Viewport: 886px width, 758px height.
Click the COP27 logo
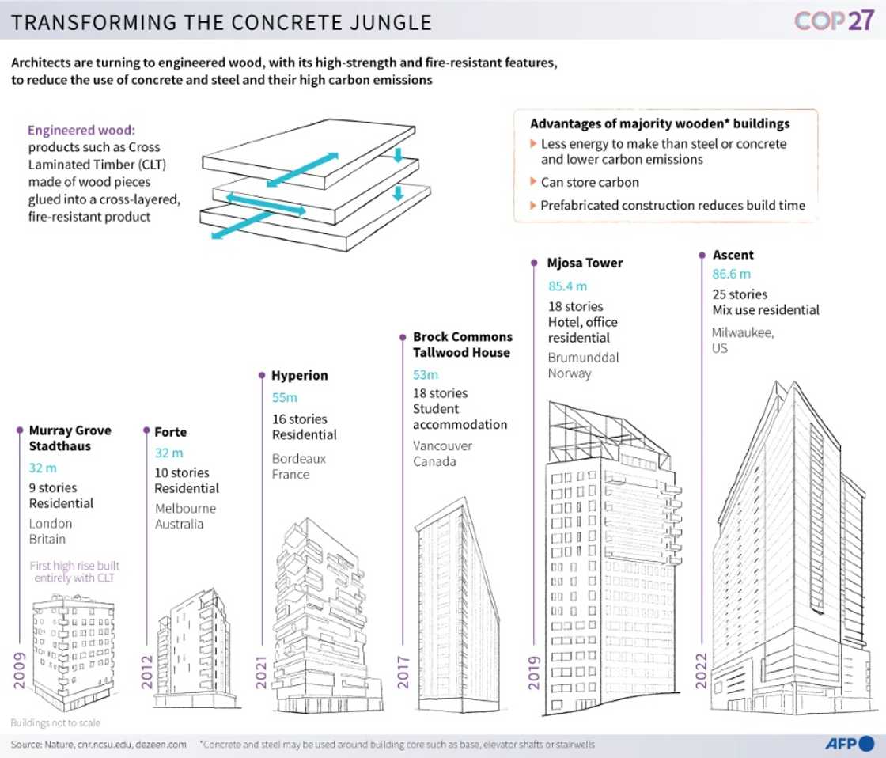833,21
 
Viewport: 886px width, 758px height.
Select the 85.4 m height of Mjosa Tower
567,286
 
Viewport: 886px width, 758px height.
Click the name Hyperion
299,375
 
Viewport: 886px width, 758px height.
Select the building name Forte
171,432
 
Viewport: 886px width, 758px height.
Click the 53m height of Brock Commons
425,373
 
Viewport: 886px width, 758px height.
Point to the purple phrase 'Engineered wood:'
75,131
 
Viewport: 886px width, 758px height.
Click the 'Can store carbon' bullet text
589,182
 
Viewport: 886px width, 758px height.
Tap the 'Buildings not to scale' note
55,722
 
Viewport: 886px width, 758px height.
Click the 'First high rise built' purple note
74,566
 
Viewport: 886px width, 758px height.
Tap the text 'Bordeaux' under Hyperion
299,458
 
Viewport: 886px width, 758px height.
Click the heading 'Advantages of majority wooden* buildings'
660,124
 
